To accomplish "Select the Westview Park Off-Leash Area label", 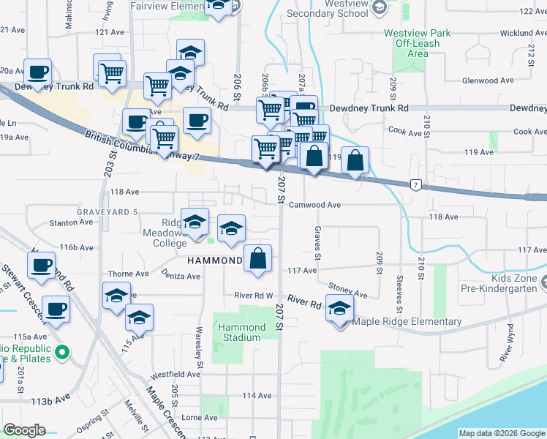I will coord(418,43).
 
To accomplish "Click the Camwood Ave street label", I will coord(315,206).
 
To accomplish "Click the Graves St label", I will coord(318,242).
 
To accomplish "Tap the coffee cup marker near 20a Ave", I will coord(38,72).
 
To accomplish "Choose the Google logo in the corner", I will coord(24,430).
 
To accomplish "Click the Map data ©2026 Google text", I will coord(502,434).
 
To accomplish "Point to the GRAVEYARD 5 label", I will coord(107,212).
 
